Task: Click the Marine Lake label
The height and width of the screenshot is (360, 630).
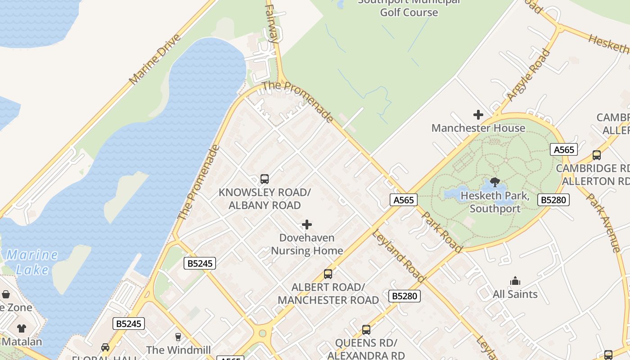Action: click(32, 262)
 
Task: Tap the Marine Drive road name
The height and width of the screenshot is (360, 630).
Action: click(154, 59)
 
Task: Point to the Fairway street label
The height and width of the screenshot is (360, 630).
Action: click(272, 23)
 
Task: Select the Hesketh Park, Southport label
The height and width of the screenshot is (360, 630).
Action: click(495, 202)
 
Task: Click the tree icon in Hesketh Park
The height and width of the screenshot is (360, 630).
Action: click(495, 182)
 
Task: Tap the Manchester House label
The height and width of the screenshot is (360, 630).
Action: click(478, 128)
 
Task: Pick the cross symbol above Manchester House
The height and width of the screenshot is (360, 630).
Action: click(478, 115)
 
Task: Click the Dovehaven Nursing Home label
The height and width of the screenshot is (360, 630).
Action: click(307, 244)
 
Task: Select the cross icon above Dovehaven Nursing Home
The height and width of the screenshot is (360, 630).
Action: click(307, 225)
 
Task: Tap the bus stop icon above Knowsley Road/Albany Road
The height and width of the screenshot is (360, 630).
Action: click(265, 179)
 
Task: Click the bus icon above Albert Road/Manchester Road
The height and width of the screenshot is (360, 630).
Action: click(328, 274)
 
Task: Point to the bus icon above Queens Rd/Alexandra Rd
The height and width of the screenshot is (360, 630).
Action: click(366, 330)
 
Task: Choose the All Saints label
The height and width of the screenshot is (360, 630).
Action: click(515, 294)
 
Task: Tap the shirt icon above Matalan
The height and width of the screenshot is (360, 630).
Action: click(22, 328)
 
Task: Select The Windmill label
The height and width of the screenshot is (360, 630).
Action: click(178, 350)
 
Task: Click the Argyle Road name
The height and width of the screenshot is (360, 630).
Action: click(528, 75)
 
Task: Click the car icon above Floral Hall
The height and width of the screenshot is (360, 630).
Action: click(105, 347)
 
